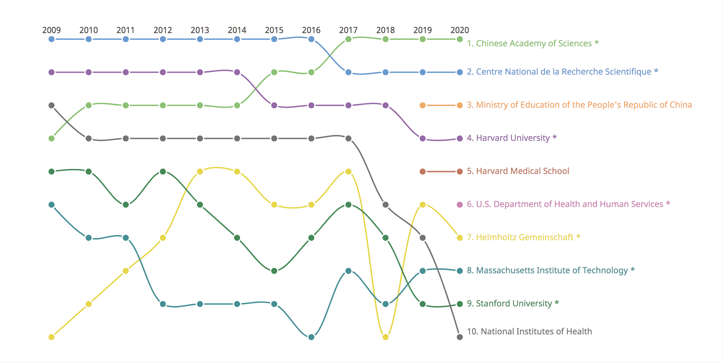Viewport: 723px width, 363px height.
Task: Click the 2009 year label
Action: pyautogui.click(x=51, y=30)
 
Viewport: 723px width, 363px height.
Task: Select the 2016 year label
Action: pyautogui.click(x=311, y=30)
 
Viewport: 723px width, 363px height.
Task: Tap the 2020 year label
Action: pyautogui.click(x=460, y=30)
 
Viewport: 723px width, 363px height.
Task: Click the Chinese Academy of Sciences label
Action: pyautogui.click(x=533, y=43)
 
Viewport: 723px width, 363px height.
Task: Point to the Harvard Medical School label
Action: pyautogui.click(x=518, y=171)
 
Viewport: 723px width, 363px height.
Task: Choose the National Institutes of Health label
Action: pyautogui.click(x=529, y=331)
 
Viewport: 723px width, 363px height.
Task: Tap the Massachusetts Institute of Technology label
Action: pyautogui.click(x=551, y=270)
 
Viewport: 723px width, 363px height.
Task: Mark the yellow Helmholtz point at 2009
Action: pyautogui.click(x=51, y=337)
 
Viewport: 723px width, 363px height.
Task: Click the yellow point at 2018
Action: pyautogui.click(x=386, y=337)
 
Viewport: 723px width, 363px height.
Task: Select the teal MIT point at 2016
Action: pyautogui.click(x=311, y=337)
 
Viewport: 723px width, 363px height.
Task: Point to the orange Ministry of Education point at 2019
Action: pyautogui.click(x=423, y=105)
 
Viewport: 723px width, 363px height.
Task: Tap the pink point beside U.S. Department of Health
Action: pyautogui.click(x=460, y=205)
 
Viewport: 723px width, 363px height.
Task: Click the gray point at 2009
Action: pyautogui.click(x=51, y=105)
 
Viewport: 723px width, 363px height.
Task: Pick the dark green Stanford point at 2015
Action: pyautogui.click(x=274, y=271)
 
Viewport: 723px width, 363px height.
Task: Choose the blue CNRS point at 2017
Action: pyautogui.click(x=348, y=72)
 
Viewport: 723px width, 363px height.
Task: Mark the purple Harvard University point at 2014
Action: pyautogui.click(x=237, y=72)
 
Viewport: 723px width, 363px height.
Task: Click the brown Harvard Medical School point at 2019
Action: pyautogui.click(x=423, y=172)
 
